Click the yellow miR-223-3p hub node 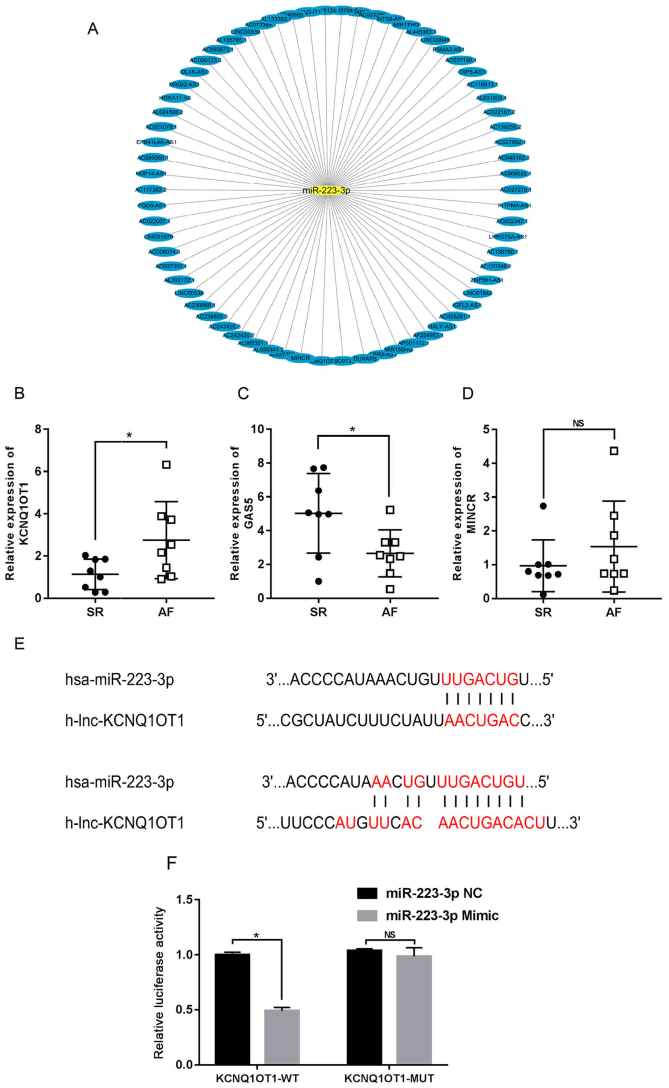326,191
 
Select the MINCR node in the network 300,357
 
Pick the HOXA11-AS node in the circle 175,98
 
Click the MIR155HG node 398,349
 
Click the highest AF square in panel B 166,464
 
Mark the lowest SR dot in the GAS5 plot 319,581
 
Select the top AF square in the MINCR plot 614,451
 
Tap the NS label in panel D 578,423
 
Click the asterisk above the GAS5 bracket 353,429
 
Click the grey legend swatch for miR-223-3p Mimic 367,915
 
